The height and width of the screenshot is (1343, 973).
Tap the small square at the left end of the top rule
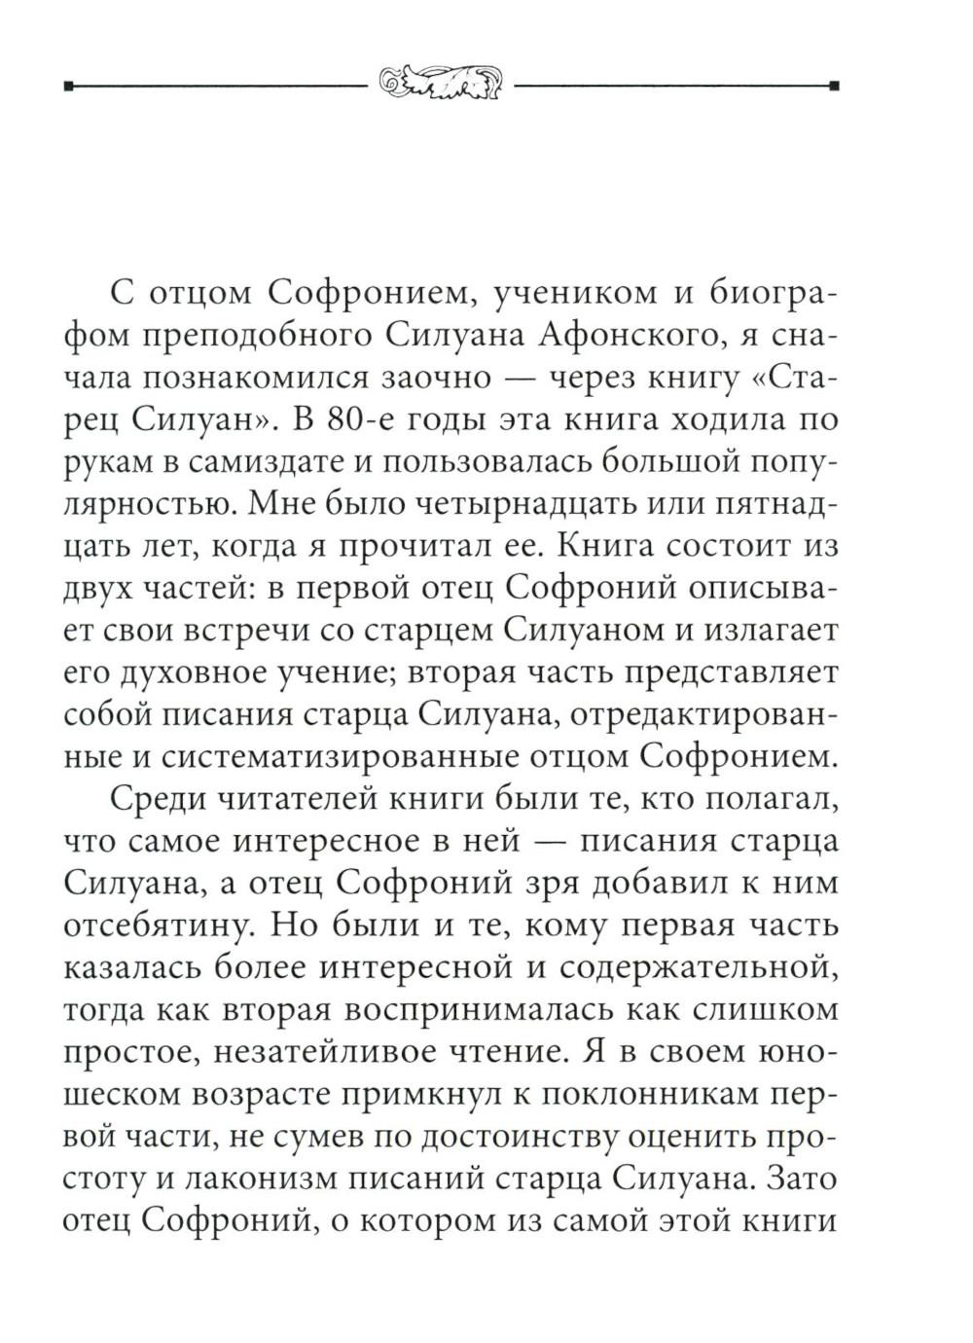pyautogui.click(x=67, y=86)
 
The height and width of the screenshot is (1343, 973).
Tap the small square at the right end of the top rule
pyautogui.click(x=834, y=86)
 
